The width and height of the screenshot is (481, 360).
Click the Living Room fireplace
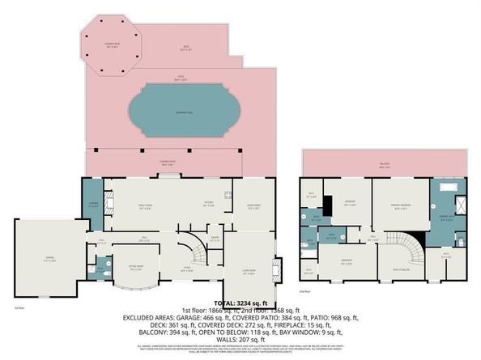[x=279, y=267]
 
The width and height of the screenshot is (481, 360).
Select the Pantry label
[x=215, y=239]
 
